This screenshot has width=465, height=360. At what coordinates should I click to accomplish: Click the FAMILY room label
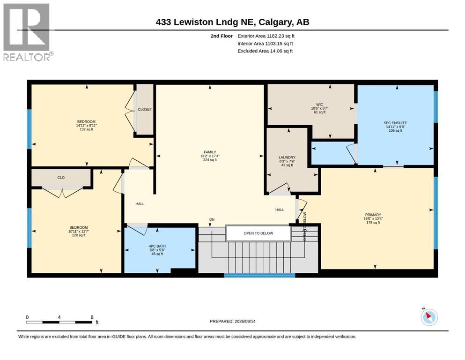tap(210, 152)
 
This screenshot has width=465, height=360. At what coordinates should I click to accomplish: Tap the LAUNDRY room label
tap(287, 157)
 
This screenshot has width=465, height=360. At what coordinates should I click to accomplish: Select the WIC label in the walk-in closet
tap(319, 105)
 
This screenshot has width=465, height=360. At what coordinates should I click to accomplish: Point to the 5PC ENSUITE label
tap(395, 123)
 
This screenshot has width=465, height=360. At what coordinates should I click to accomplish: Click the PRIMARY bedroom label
tap(373, 215)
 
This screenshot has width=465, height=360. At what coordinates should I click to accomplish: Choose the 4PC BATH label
tap(157, 246)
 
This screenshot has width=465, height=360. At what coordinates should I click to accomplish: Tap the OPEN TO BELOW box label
tap(258, 233)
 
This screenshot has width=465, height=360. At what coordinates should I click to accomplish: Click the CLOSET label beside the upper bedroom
tap(145, 110)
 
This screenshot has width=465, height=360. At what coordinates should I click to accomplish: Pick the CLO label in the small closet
tap(61, 178)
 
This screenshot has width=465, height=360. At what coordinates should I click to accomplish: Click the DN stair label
tap(212, 220)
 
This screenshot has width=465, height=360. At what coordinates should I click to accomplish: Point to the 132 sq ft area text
tap(86, 129)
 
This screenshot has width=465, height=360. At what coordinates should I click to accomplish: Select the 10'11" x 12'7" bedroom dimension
tap(79, 231)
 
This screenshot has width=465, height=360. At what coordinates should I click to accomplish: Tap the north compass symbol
tap(429, 317)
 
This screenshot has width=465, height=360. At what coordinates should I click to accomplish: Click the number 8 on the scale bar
tap(92, 317)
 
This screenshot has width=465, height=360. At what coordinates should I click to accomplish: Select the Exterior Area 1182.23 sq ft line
tap(266, 36)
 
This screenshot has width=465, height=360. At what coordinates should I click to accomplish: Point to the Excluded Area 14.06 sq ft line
tap(265, 51)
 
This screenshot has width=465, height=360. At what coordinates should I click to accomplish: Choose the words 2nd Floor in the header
tap(221, 36)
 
